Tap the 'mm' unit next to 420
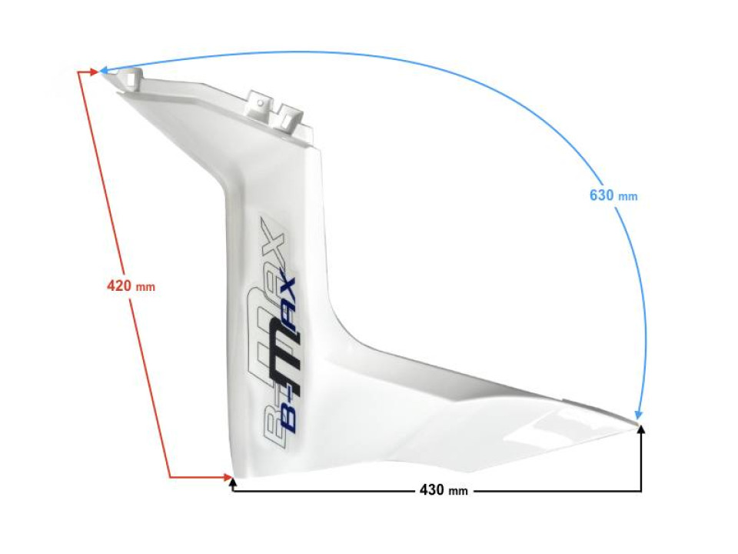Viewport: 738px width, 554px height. [145, 287]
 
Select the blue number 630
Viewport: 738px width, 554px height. [602, 195]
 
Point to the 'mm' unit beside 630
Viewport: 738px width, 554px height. [628, 197]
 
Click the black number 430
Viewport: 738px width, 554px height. [432, 490]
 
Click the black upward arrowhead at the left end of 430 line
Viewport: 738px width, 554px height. [232, 482]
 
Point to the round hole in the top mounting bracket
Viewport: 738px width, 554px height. [261, 100]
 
